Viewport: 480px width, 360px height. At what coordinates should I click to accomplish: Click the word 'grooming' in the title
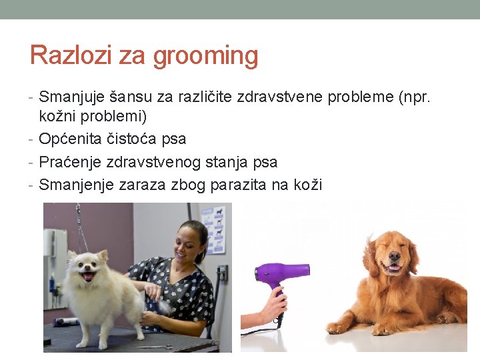click(x=205, y=56)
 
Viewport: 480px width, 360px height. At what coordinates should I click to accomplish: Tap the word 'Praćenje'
click(x=69, y=161)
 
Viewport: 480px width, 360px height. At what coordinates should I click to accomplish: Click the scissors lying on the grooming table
click(x=154, y=347)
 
